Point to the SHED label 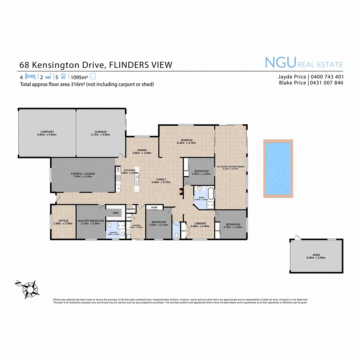tap(316, 255)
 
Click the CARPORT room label tap(47, 132)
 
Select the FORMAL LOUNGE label tap(83, 174)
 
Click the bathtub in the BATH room tap(210, 193)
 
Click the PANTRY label tap(131, 209)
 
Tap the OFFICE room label tap(63, 221)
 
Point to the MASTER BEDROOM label tap(91, 221)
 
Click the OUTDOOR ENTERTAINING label tap(231, 166)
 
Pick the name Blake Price tap(292, 83)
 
